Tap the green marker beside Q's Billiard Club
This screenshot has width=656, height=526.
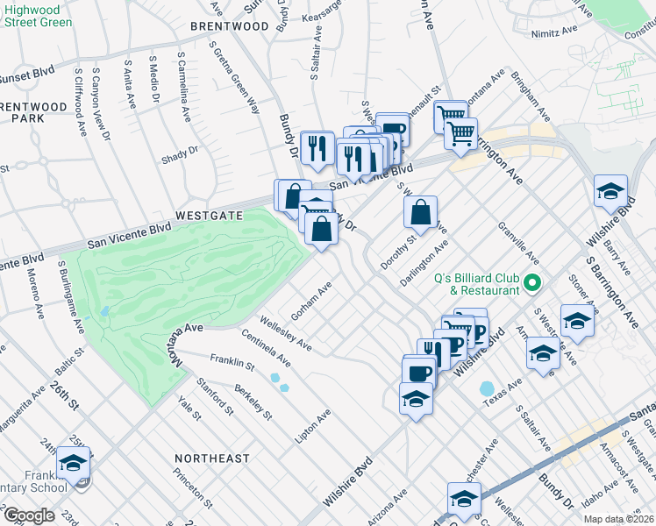click(x=532, y=284)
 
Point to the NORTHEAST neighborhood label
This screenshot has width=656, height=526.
click(x=211, y=458)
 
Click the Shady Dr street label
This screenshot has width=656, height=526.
click(x=180, y=155)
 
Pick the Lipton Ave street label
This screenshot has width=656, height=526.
click(x=313, y=425)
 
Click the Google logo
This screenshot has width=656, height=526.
click(x=28, y=515)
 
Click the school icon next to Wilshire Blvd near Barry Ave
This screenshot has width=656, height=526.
click(x=610, y=191)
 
